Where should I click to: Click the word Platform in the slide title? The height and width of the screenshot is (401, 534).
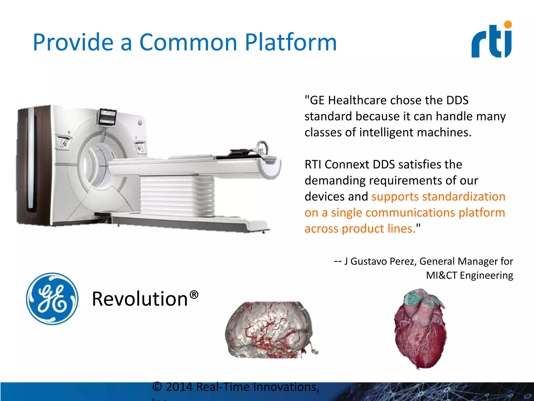coord(290,42)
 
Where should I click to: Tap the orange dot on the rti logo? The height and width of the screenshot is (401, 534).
coord(508,25)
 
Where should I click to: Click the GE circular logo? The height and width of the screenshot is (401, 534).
coord(52,299)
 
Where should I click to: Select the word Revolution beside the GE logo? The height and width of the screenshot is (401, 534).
coord(140,299)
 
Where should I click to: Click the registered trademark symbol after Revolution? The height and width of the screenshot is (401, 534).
coord(194,295)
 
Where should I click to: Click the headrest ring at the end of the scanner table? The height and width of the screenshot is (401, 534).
coord(262,148)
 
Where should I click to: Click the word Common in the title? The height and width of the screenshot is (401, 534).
coord(188,42)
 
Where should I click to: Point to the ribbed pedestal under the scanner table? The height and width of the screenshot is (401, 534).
coord(177,196)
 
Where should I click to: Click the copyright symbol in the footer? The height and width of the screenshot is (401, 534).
coord(157,387)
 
